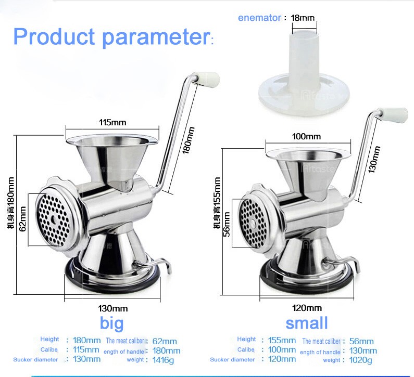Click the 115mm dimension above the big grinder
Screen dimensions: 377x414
tap(113, 123)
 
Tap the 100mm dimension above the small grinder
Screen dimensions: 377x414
tap(306, 136)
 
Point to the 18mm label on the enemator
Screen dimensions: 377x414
tap(303, 18)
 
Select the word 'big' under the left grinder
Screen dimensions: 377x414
tap(112, 323)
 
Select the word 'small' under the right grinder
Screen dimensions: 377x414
tap(307, 323)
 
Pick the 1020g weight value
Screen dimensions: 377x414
tap(361, 359)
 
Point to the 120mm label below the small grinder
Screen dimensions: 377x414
tap(307, 308)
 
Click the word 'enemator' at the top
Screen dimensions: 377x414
tap(259, 18)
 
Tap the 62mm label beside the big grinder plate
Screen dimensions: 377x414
tap(22, 219)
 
